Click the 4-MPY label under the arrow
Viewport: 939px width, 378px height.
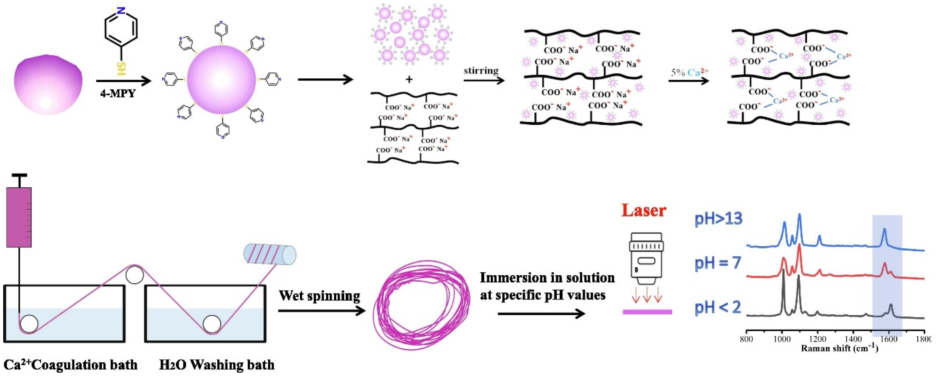point(118,94)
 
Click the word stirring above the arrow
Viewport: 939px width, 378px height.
point(481,70)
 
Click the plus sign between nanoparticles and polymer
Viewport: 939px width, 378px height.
point(409,79)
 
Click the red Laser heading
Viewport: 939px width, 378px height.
point(644,210)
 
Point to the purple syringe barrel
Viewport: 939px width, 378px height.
point(19,217)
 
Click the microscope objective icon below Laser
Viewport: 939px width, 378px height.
point(646,261)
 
